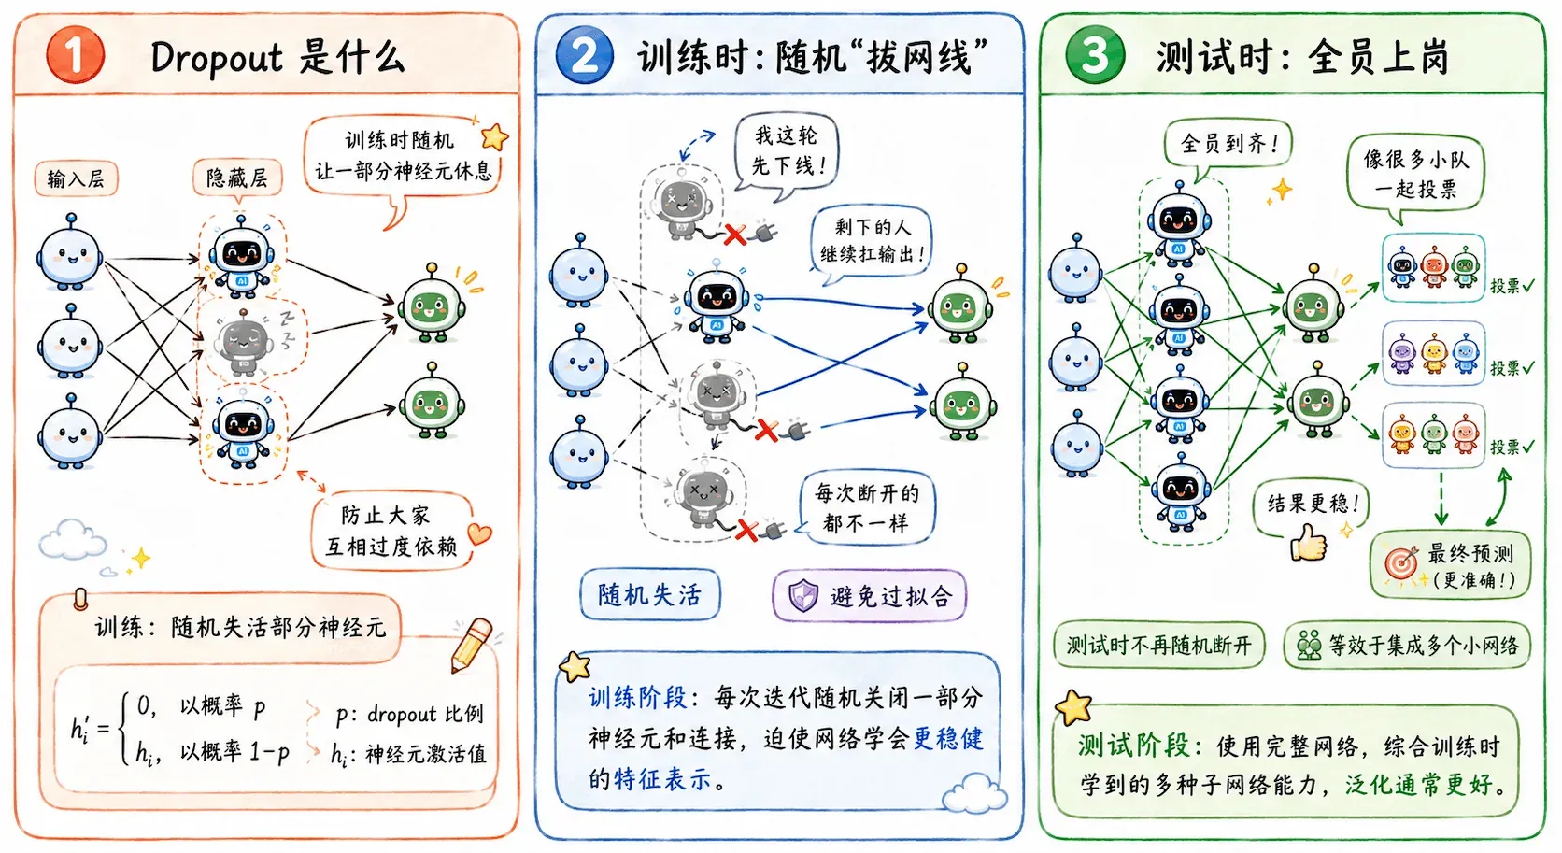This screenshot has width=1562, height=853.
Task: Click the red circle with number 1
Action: coord(76,55)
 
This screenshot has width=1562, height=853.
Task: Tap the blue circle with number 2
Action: coord(585,55)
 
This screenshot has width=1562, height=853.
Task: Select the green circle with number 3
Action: coord(1095,55)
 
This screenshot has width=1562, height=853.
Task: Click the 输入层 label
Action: coord(76,178)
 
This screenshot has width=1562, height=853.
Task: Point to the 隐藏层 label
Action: coord(237,178)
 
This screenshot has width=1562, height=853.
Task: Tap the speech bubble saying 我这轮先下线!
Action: coord(786,151)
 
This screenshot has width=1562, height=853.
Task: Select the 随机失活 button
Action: coord(650,595)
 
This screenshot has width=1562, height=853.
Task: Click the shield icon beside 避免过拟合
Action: coord(802,596)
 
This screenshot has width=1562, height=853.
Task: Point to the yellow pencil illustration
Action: coord(472,645)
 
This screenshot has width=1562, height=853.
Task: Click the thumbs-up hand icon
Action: coord(1308,541)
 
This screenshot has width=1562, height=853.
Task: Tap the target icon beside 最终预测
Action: coord(1401,562)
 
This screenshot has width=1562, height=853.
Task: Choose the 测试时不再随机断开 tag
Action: coord(1159,646)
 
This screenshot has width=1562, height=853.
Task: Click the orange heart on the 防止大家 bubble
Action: coord(479,533)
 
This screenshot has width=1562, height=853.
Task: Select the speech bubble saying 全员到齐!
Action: coord(1228,145)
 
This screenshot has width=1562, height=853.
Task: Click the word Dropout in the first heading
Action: coord(216,57)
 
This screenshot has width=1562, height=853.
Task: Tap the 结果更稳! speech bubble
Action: coord(1311,505)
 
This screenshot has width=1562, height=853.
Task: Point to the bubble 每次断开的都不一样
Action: coord(865,507)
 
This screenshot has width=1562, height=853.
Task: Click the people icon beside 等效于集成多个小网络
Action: coord(1309,646)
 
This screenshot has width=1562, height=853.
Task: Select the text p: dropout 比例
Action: coord(409,714)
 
